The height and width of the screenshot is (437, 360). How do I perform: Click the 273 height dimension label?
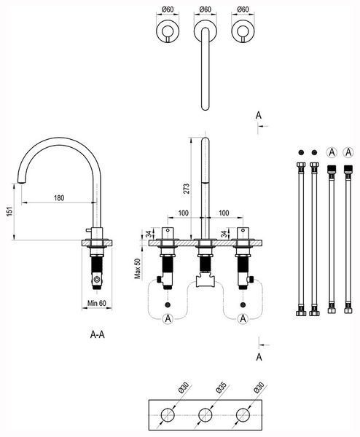tap(187, 189)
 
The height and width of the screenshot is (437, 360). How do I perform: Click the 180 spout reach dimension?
tap(59, 198)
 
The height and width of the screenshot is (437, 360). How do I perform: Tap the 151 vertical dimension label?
tap(9, 211)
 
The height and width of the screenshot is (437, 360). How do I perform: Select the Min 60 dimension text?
tap(97, 303)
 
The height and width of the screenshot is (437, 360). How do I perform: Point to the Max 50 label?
tap(138, 269)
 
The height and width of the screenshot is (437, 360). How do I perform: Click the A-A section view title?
tap(98, 334)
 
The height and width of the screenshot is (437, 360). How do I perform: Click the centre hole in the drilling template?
tap(206, 415)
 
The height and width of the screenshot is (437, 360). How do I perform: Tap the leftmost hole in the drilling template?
tap(168, 415)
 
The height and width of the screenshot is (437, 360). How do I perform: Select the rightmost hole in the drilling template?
tap(243, 415)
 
